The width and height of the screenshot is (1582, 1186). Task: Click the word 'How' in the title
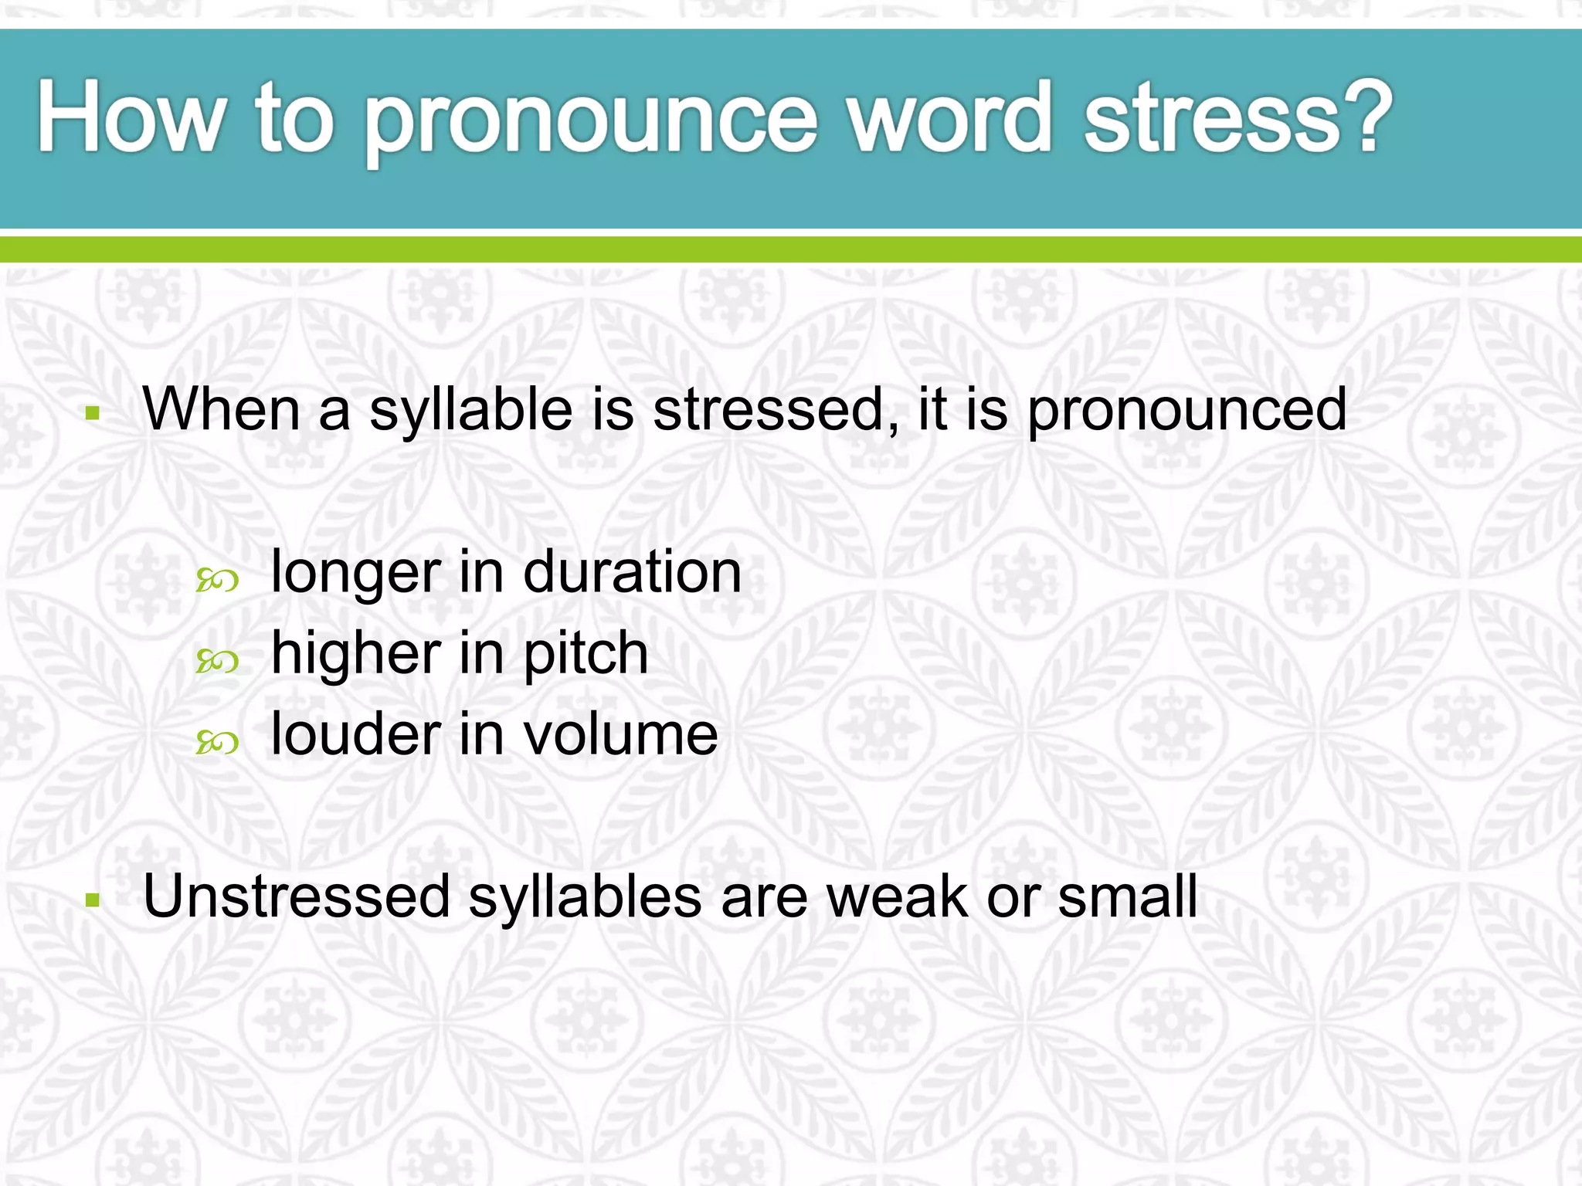tap(131, 117)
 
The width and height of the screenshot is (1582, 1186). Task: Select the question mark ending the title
tap(1367, 116)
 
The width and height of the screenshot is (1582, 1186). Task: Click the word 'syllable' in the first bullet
tap(472, 412)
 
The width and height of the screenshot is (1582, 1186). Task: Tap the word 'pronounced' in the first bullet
tap(1186, 412)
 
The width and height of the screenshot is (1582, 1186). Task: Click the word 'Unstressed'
tap(297, 896)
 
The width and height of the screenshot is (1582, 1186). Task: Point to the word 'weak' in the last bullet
tap(896, 896)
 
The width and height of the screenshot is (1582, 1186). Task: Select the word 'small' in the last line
tap(1127, 896)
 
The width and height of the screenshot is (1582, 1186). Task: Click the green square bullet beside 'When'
tap(93, 413)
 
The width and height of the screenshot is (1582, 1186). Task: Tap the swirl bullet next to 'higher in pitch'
tap(217, 662)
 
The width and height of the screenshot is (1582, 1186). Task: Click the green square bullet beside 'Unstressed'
tap(93, 900)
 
